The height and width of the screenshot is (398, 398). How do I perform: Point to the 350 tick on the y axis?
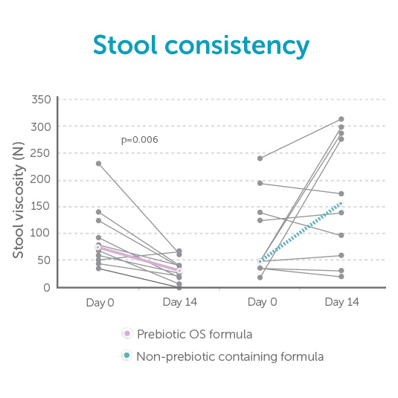[42, 100]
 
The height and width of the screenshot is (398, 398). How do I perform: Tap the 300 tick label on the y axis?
[42, 126]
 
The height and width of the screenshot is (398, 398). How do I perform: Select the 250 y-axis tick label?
[42, 153]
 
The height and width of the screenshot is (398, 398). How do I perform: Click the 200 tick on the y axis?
[42, 180]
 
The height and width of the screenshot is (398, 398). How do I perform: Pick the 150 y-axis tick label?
[42, 207]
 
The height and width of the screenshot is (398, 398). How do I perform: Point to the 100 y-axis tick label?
[42, 234]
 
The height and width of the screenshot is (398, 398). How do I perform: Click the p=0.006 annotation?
[140, 140]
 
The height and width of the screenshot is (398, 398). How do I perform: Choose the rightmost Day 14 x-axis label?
[341, 303]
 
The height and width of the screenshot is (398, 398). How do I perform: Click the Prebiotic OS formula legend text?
[194, 334]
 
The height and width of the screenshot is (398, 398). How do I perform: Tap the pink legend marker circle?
[126, 334]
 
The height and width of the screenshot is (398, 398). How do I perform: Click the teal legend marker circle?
[126, 356]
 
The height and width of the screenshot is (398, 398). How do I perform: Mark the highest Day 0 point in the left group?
[98, 164]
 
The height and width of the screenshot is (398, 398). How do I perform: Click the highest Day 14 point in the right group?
[341, 119]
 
